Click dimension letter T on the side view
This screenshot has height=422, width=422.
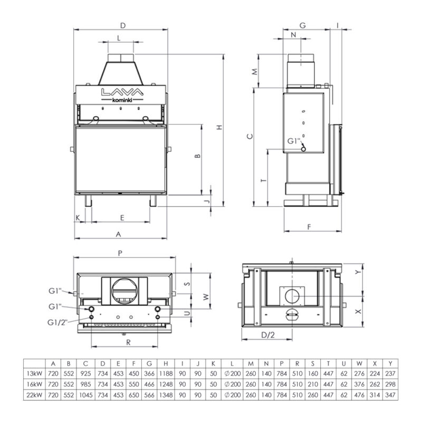tap(262, 180)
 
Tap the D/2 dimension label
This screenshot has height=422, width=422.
tap(268, 334)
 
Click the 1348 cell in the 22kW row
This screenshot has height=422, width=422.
tap(166, 395)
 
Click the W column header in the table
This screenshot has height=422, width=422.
tap(359, 363)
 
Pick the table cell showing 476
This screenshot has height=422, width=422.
tap(359, 395)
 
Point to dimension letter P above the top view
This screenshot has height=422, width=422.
tap(121, 253)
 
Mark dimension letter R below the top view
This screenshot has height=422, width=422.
tap(129, 341)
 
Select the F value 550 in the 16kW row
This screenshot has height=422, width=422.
tap(133, 384)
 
